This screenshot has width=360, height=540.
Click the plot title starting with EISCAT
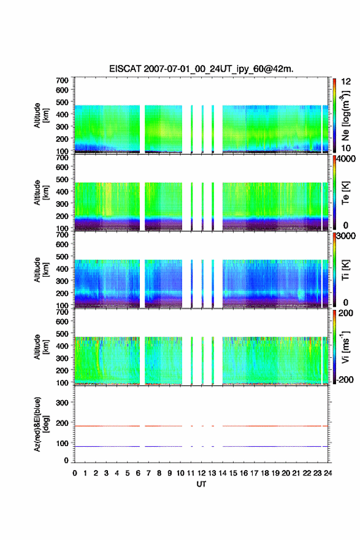pyautogui.click(x=201, y=69)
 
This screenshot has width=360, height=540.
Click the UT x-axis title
pyautogui.click(x=201, y=484)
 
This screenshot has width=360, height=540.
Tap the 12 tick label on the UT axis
pyautogui.click(x=202, y=473)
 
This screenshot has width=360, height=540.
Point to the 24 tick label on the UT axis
pyautogui.click(x=328, y=473)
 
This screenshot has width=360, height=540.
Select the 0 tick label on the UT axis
pyautogui.click(x=75, y=473)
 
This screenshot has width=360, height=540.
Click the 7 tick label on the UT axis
pyautogui.click(x=148, y=473)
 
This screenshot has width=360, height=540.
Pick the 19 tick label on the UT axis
pyautogui.click(x=275, y=473)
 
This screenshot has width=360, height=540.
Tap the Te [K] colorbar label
pyautogui.click(x=345, y=193)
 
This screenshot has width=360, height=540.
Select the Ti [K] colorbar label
pyautogui.click(x=345, y=270)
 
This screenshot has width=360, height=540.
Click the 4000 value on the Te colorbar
pyautogui.click(x=347, y=160)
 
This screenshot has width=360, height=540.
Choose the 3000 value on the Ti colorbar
pyautogui.click(x=347, y=236)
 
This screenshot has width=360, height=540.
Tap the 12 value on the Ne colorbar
pyautogui.click(x=346, y=82)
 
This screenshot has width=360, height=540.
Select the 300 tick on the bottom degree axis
pyautogui.click(x=63, y=403)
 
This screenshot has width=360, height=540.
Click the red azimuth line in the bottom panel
pyautogui.click(x=201, y=426)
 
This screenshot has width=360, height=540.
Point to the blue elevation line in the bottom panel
pyautogui.click(x=201, y=446)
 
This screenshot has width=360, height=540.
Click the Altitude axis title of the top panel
pyautogui.click(x=41, y=115)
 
